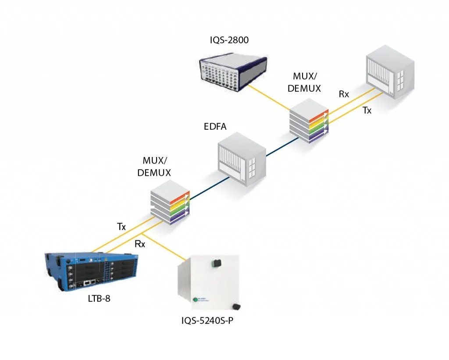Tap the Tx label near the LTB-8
[x=121, y=227]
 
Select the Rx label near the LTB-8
[x=140, y=244]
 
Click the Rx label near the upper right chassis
[x=344, y=94]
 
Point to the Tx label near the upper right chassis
[x=367, y=111]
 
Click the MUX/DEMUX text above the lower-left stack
[x=153, y=167]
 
